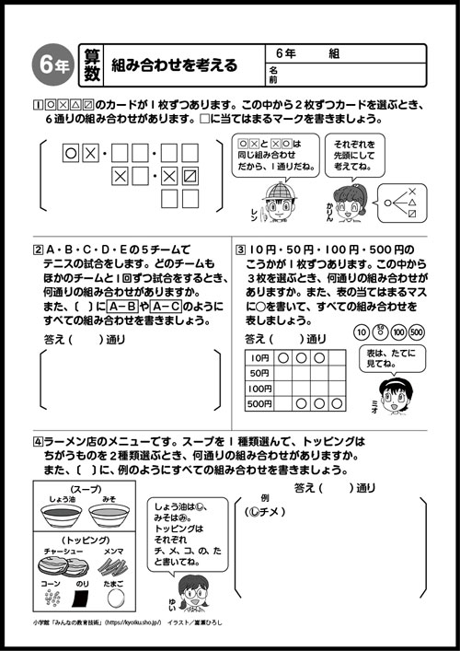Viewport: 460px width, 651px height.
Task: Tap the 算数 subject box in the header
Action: (89, 64)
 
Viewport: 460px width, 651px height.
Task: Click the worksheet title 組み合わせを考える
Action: (174, 64)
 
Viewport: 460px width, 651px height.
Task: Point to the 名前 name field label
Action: (273, 75)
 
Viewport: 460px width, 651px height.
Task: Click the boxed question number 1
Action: (37, 106)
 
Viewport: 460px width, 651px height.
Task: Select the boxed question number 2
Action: (37, 249)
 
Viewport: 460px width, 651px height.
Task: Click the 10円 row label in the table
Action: (259, 357)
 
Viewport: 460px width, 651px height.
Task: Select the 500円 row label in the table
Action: (259, 403)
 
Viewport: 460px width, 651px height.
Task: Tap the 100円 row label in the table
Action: (259, 389)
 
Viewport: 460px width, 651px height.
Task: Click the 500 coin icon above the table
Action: (416, 331)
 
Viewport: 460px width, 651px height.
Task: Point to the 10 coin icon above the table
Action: (362, 331)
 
